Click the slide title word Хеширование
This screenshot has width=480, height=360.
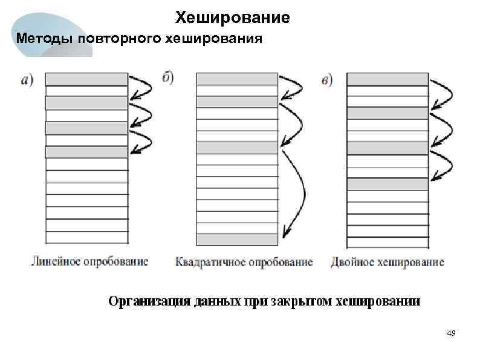233,18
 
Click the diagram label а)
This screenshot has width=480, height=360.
27,79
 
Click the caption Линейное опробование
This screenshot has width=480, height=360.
89,262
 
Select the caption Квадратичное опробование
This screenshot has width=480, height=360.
244,262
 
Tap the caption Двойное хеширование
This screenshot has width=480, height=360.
388,262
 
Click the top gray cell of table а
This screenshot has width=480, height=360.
86,79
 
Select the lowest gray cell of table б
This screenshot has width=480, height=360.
237,238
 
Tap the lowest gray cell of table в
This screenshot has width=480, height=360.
388,184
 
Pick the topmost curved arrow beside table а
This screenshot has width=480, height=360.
143,87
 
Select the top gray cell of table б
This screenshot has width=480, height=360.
237,79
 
